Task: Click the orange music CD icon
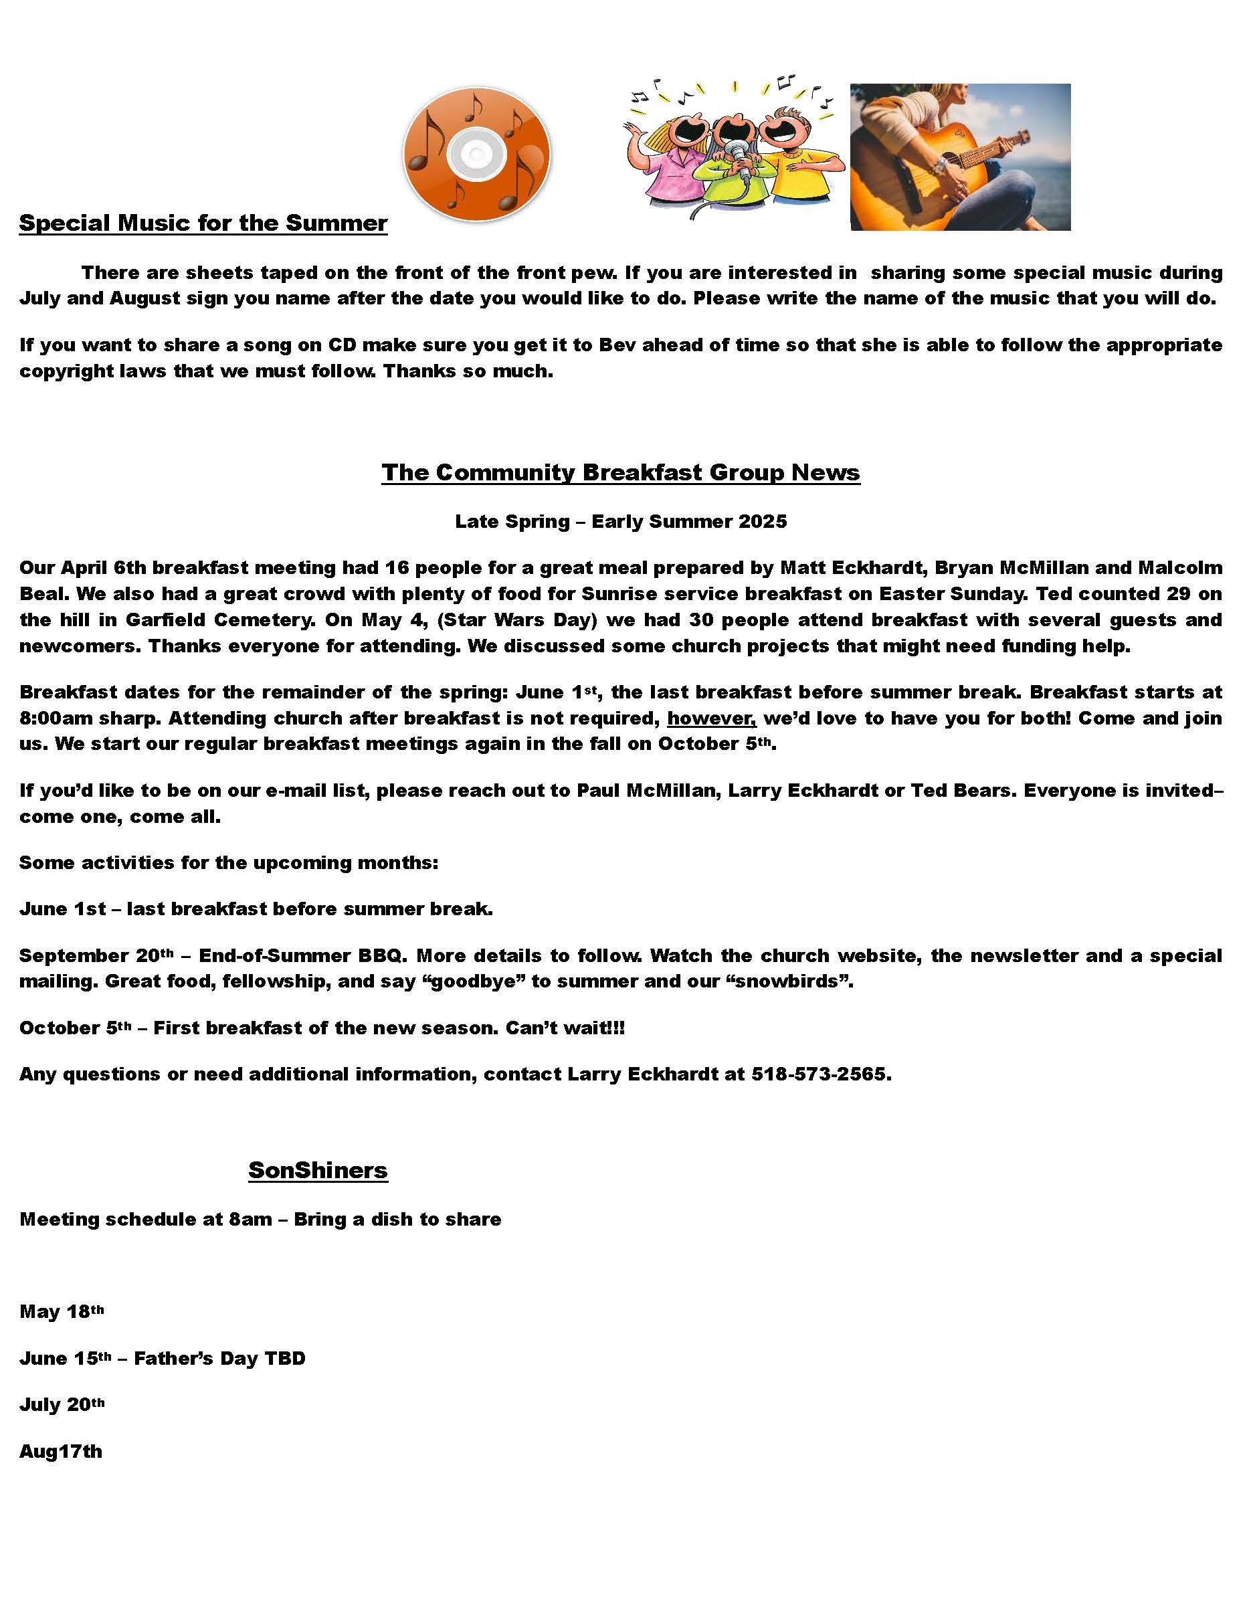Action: (x=476, y=154)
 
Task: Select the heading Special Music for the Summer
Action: (x=203, y=223)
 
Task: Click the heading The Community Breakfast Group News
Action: (x=620, y=473)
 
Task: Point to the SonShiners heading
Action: (x=318, y=1171)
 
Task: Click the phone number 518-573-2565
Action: (x=820, y=1074)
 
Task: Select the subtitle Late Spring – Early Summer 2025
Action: (x=620, y=522)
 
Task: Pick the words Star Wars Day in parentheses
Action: (x=516, y=620)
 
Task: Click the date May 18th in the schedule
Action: (x=62, y=1312)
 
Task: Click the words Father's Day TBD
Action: (x=219, y=1359)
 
